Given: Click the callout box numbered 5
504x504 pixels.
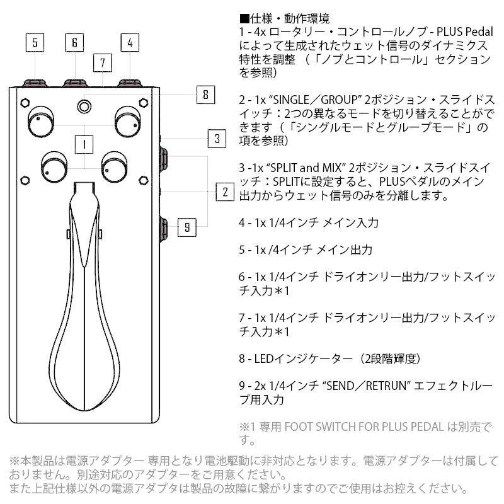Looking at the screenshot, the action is (x=35, y=42).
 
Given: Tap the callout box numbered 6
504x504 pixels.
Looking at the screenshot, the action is (x=74, y=42).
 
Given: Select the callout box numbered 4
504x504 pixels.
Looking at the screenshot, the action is (x=130, y=42).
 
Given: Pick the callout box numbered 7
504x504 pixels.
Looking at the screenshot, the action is (x=103, y=62).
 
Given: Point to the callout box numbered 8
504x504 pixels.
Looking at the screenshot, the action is (x=206, y=94).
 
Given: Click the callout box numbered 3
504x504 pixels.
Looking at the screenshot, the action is (x=217, y=139).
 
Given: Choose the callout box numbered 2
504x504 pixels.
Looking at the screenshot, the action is (x=225, y=192).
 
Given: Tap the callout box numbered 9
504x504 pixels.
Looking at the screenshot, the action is (x=186, y=227).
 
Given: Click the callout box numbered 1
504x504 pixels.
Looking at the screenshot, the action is (x=84, y=144).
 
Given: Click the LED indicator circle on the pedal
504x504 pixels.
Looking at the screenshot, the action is (x=84, y=106).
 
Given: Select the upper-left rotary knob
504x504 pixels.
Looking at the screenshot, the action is (x=41, y=122).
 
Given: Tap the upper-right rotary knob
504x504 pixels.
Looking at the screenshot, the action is (x=128, y=122).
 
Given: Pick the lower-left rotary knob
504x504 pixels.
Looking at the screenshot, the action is (x=54, y=167).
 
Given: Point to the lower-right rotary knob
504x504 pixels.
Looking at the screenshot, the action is (x=114, y=167).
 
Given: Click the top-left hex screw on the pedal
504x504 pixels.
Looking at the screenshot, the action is (x=25, y=103).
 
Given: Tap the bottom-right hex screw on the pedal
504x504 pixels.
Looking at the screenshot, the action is (x=144, y=180).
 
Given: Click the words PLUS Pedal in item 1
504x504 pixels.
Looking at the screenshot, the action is (x=465, y=32).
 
